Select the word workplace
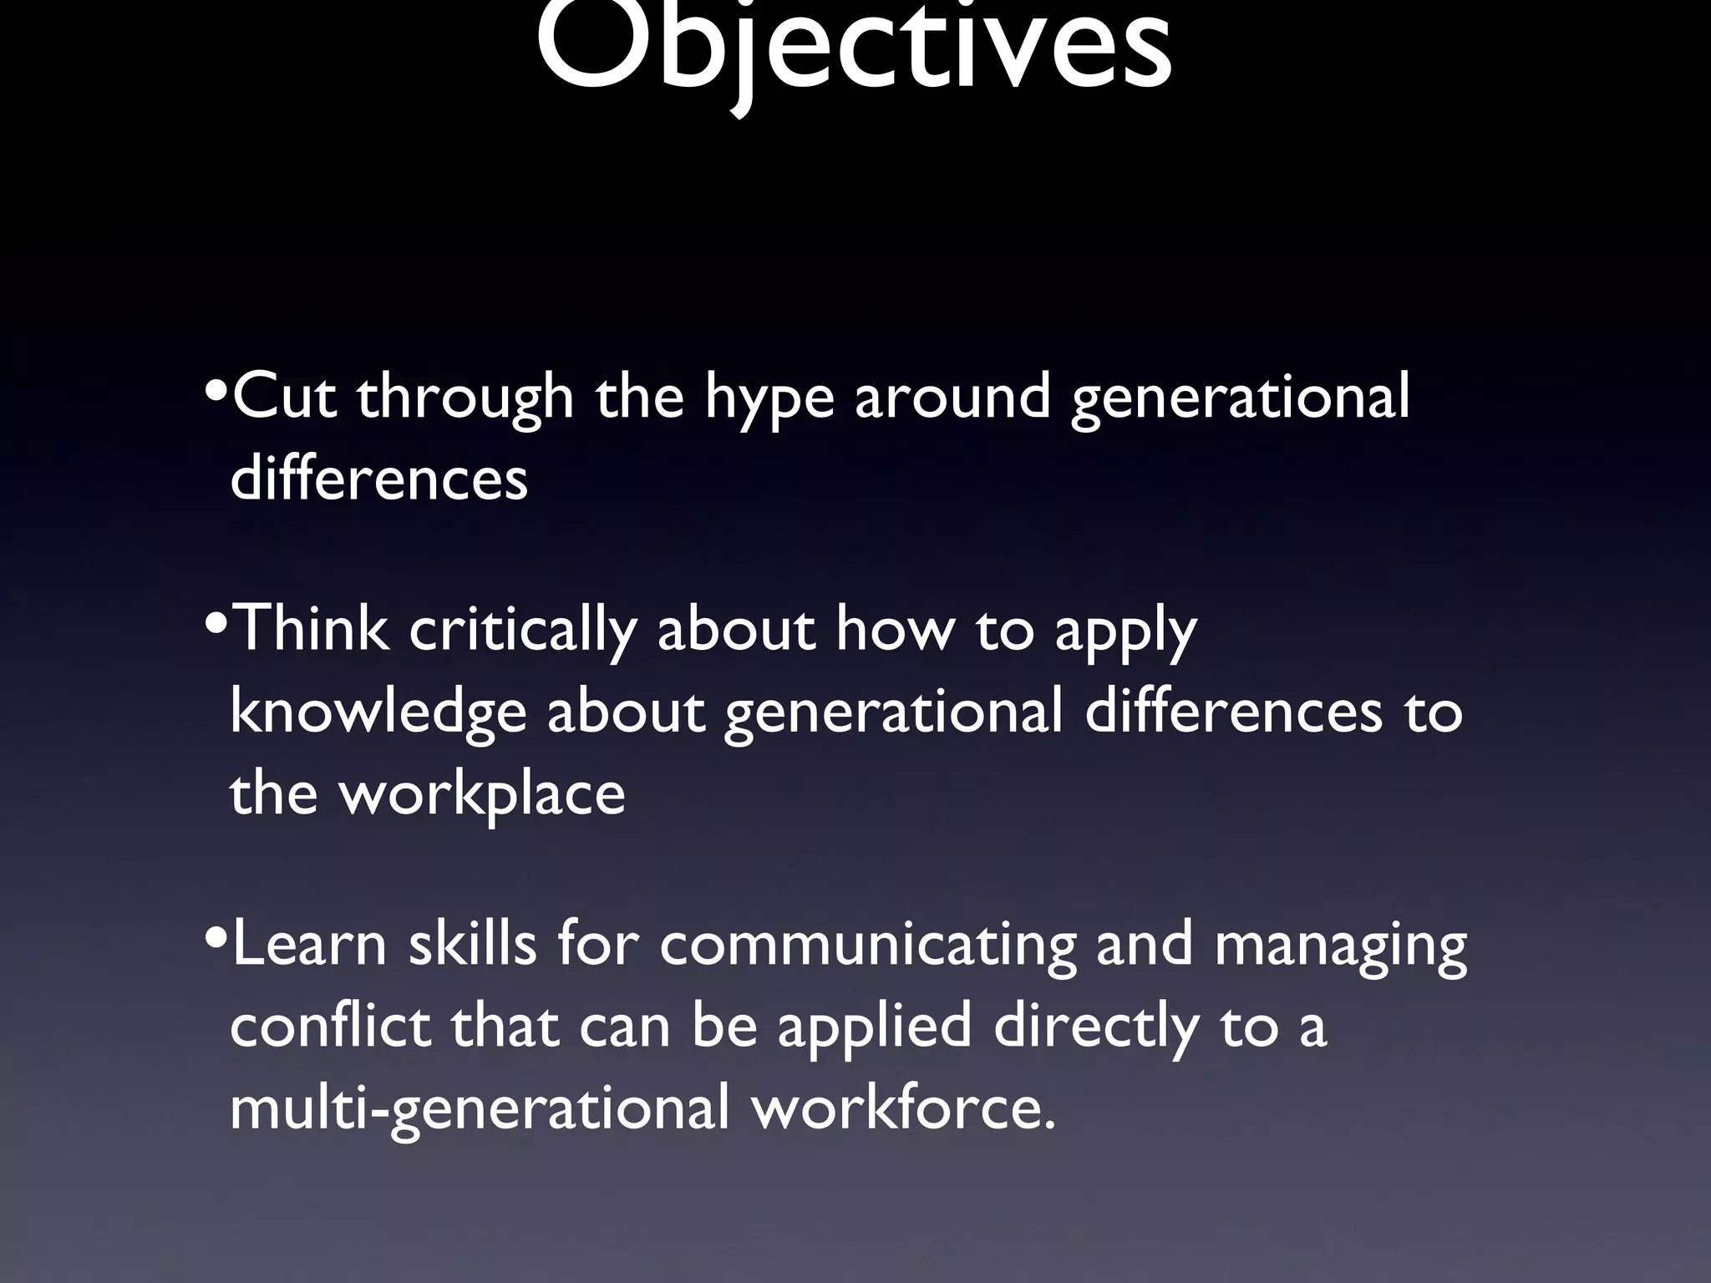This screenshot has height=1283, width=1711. tap(481, 794)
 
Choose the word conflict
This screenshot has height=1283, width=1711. tap(330, 1026)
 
